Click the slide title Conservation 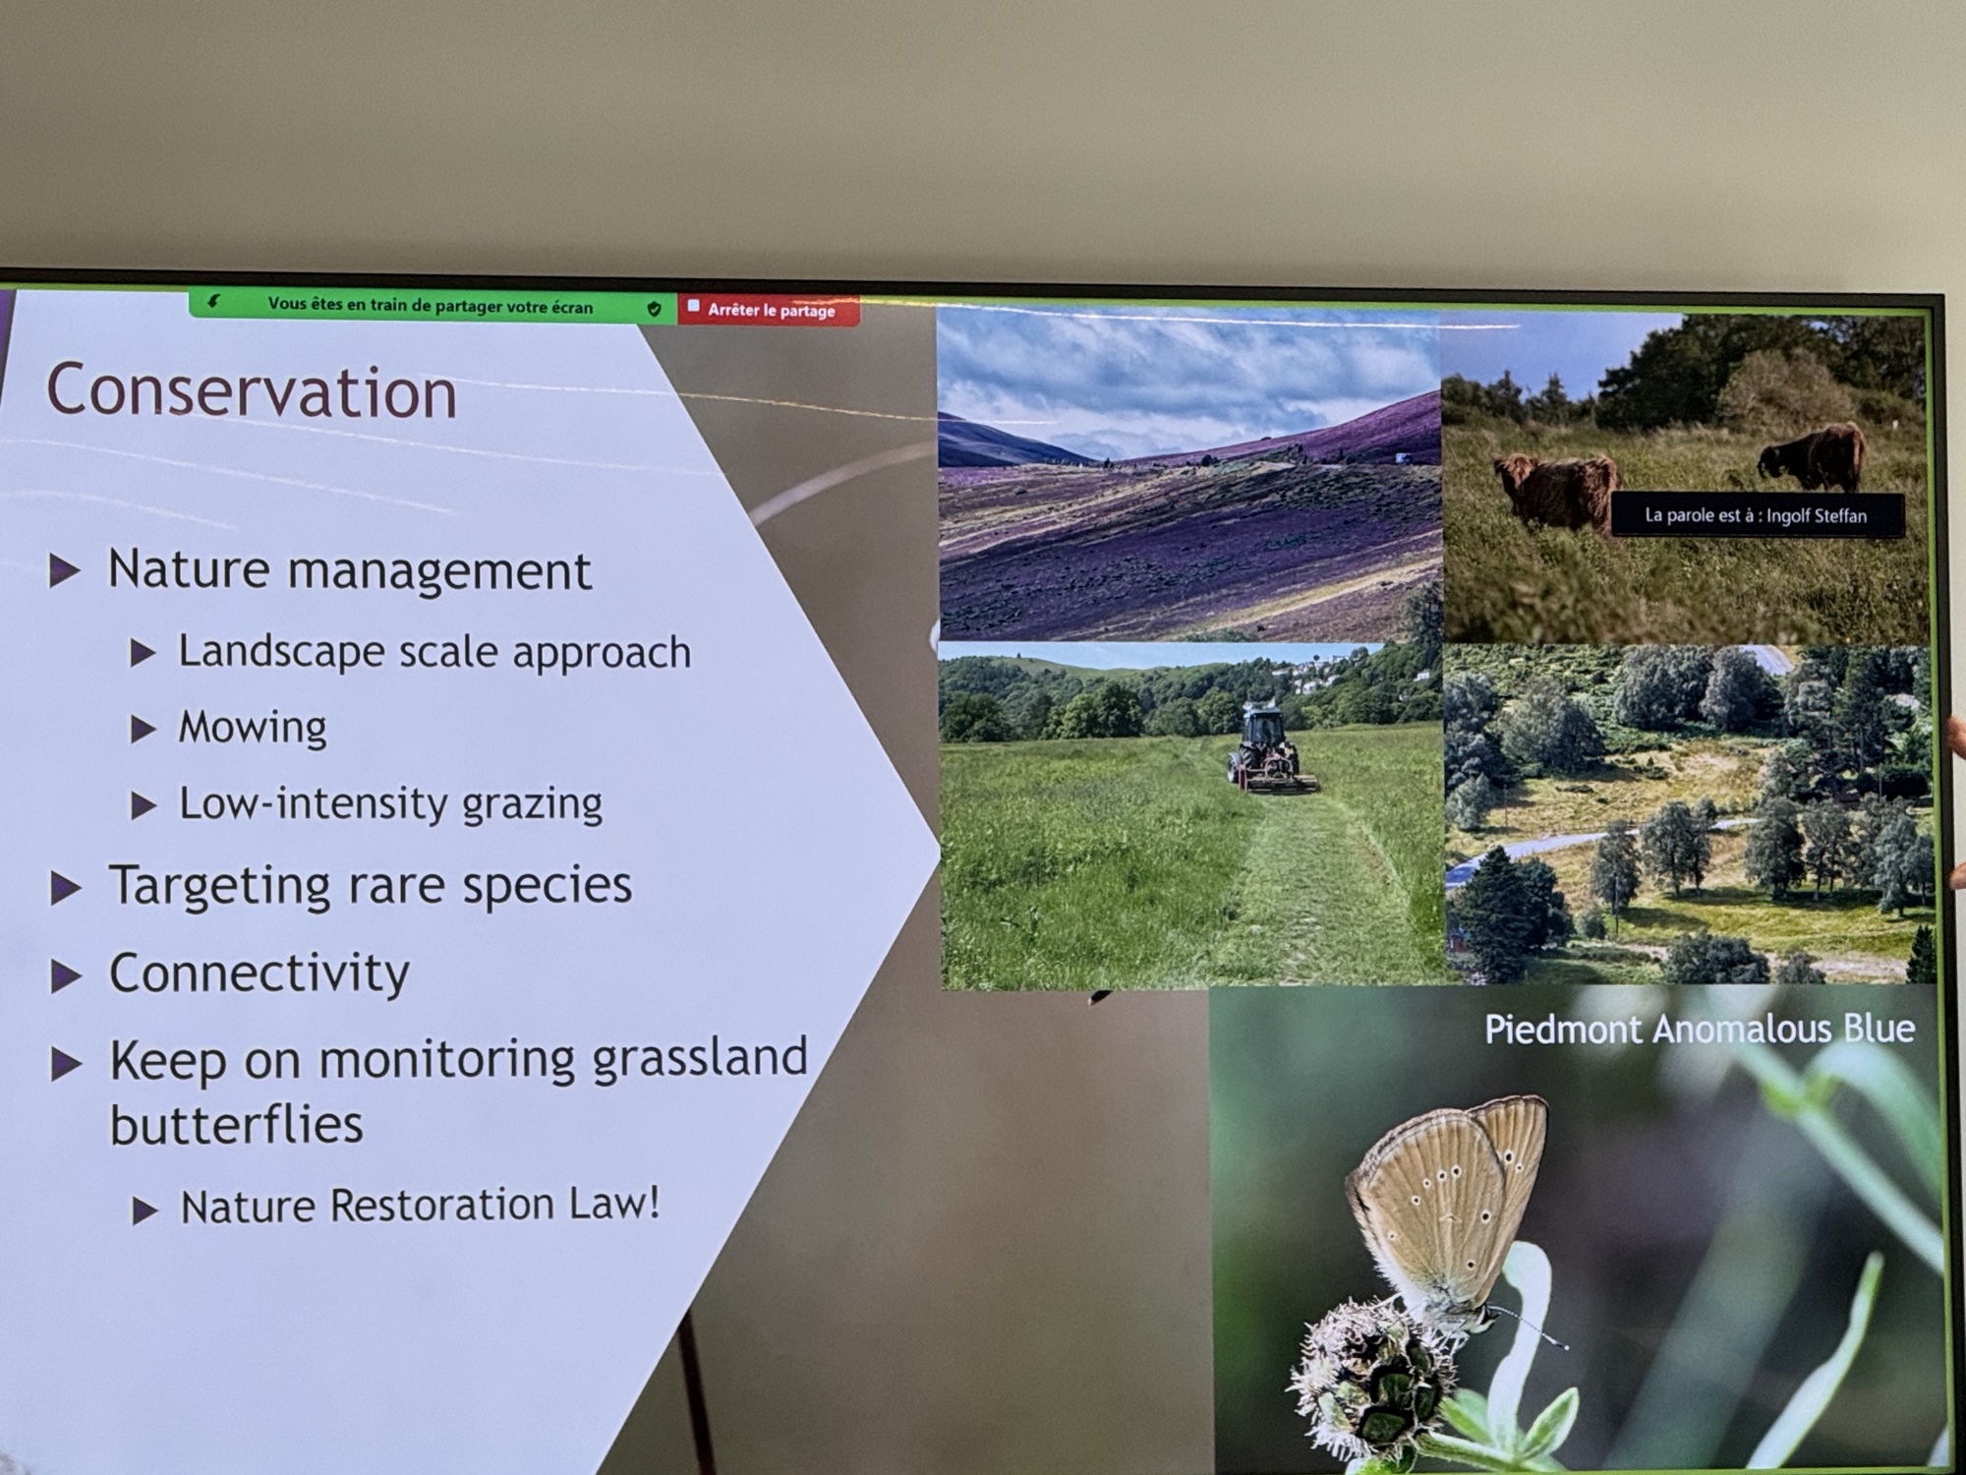tap(252, 391)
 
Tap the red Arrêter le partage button tap(769, 310)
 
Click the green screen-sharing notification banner tap(433, 305)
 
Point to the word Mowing tap(253, 728)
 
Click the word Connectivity tap(259, 973)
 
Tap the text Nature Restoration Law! tap(420, 1206)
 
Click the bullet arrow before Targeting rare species tap(66, 888)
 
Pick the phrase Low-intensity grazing tap(390, 804)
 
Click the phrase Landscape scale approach tap(434, 652)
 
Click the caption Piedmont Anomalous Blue tap(1700, 1030)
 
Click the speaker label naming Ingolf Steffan tap(1757, 515)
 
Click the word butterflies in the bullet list tap(236, 1125)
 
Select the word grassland tap(700, 1060)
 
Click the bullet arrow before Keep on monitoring tap(66, 1063)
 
